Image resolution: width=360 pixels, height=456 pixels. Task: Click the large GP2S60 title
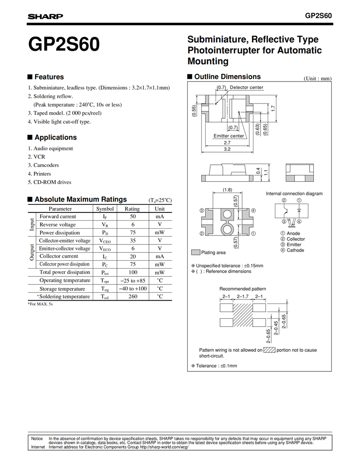coord(64,45)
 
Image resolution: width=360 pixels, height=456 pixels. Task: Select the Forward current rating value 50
coord(133,217)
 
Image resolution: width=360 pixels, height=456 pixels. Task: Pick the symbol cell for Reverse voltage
coord(104,225)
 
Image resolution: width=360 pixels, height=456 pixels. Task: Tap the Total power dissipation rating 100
coord(133,272)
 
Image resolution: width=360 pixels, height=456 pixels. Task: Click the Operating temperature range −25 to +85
coord(132,280)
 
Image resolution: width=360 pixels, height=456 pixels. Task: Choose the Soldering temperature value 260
coord(133,297)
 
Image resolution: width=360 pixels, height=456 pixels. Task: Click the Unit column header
coord(160,209)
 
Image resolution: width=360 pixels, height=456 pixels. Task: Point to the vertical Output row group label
coord(32,253)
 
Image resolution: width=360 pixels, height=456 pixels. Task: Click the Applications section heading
coord(55,137)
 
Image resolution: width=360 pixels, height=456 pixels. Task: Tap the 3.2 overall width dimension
coord(227,149)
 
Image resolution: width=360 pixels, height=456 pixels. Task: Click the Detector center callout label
coord(247,87)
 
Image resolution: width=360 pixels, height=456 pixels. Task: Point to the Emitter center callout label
coord(229,135)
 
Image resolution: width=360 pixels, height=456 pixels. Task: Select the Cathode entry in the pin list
coord(295,250)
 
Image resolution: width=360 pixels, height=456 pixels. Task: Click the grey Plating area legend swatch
coord(195,253)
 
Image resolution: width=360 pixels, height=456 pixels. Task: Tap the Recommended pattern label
coord(243,289)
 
